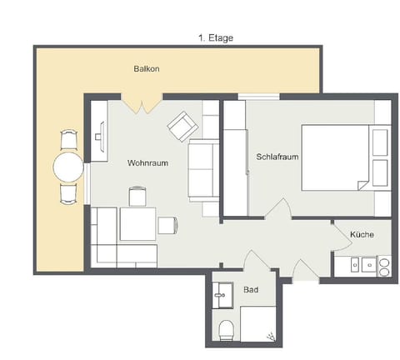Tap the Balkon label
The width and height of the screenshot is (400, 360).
(x=146, y=68)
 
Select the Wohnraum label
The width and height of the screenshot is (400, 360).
(x=147, y=163)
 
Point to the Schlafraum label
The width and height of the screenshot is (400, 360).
(x=277, y=156)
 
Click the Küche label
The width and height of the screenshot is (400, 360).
(x=362, y=235)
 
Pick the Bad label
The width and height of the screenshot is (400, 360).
(x=250, y=290)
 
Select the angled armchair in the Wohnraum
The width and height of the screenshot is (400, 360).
(x=182, y=127)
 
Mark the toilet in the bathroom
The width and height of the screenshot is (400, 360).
(x=224, y=329)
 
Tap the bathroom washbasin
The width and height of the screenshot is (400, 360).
(x=222, y=292)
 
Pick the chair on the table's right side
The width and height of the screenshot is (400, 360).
(x=167, y=224)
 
